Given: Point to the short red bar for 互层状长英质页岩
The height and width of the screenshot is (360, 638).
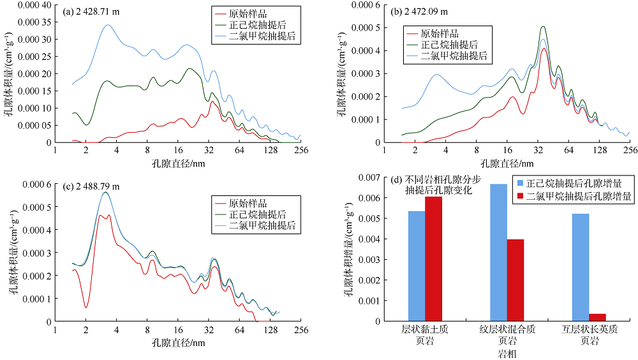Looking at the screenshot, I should click(597, 317).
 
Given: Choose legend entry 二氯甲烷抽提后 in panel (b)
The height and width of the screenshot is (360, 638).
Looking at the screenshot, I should click(455, 56).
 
